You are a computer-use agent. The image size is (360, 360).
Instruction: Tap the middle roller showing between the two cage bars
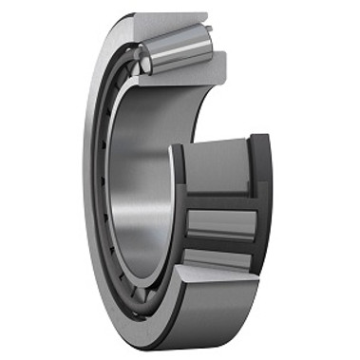coord(221,224)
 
